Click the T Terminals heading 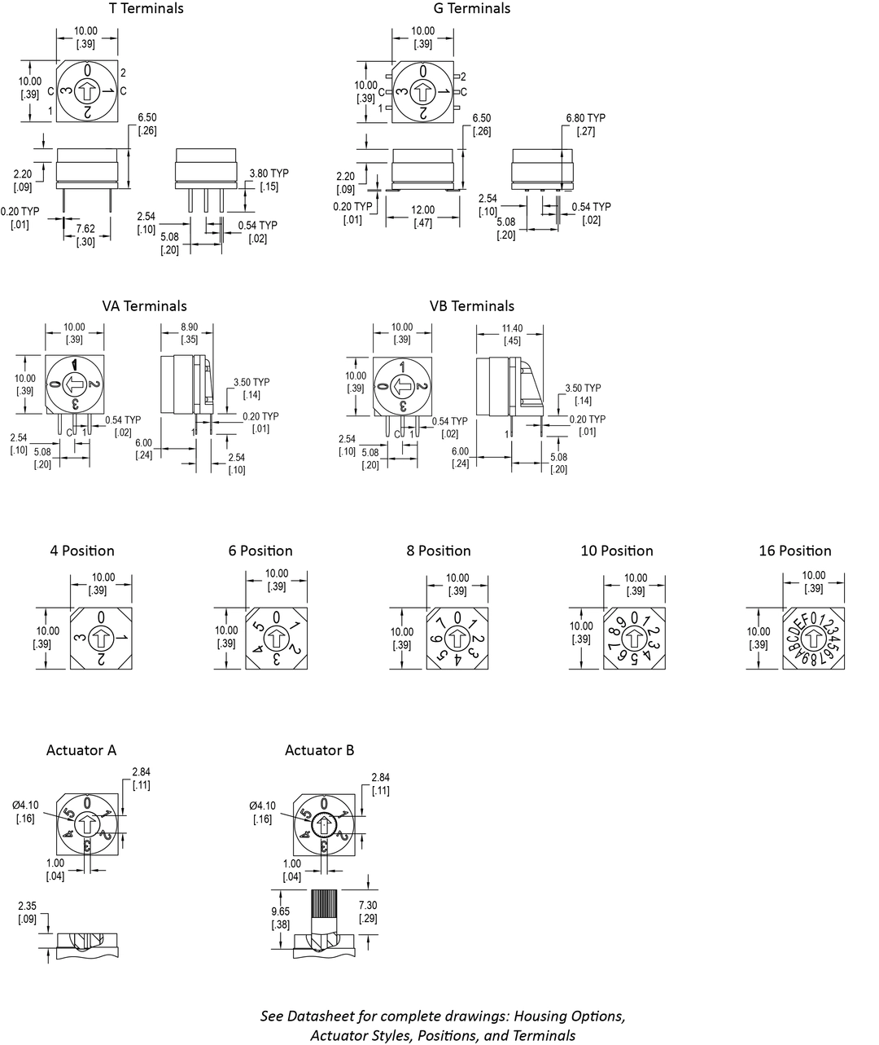(146, 9)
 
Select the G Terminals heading (472, 9)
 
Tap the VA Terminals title (144, 306)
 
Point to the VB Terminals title (472, 306)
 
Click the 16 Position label (795, 551)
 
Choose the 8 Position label (439, 551)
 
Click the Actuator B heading (320, 750)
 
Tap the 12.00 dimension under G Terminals (423, 210)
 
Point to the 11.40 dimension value (512, 328)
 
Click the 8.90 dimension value (189, 327)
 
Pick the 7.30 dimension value (369, 906)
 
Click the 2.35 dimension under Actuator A (27, 907)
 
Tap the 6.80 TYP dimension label (586, 118)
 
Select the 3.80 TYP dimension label (269, 173)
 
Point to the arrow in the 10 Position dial (635, 638)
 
